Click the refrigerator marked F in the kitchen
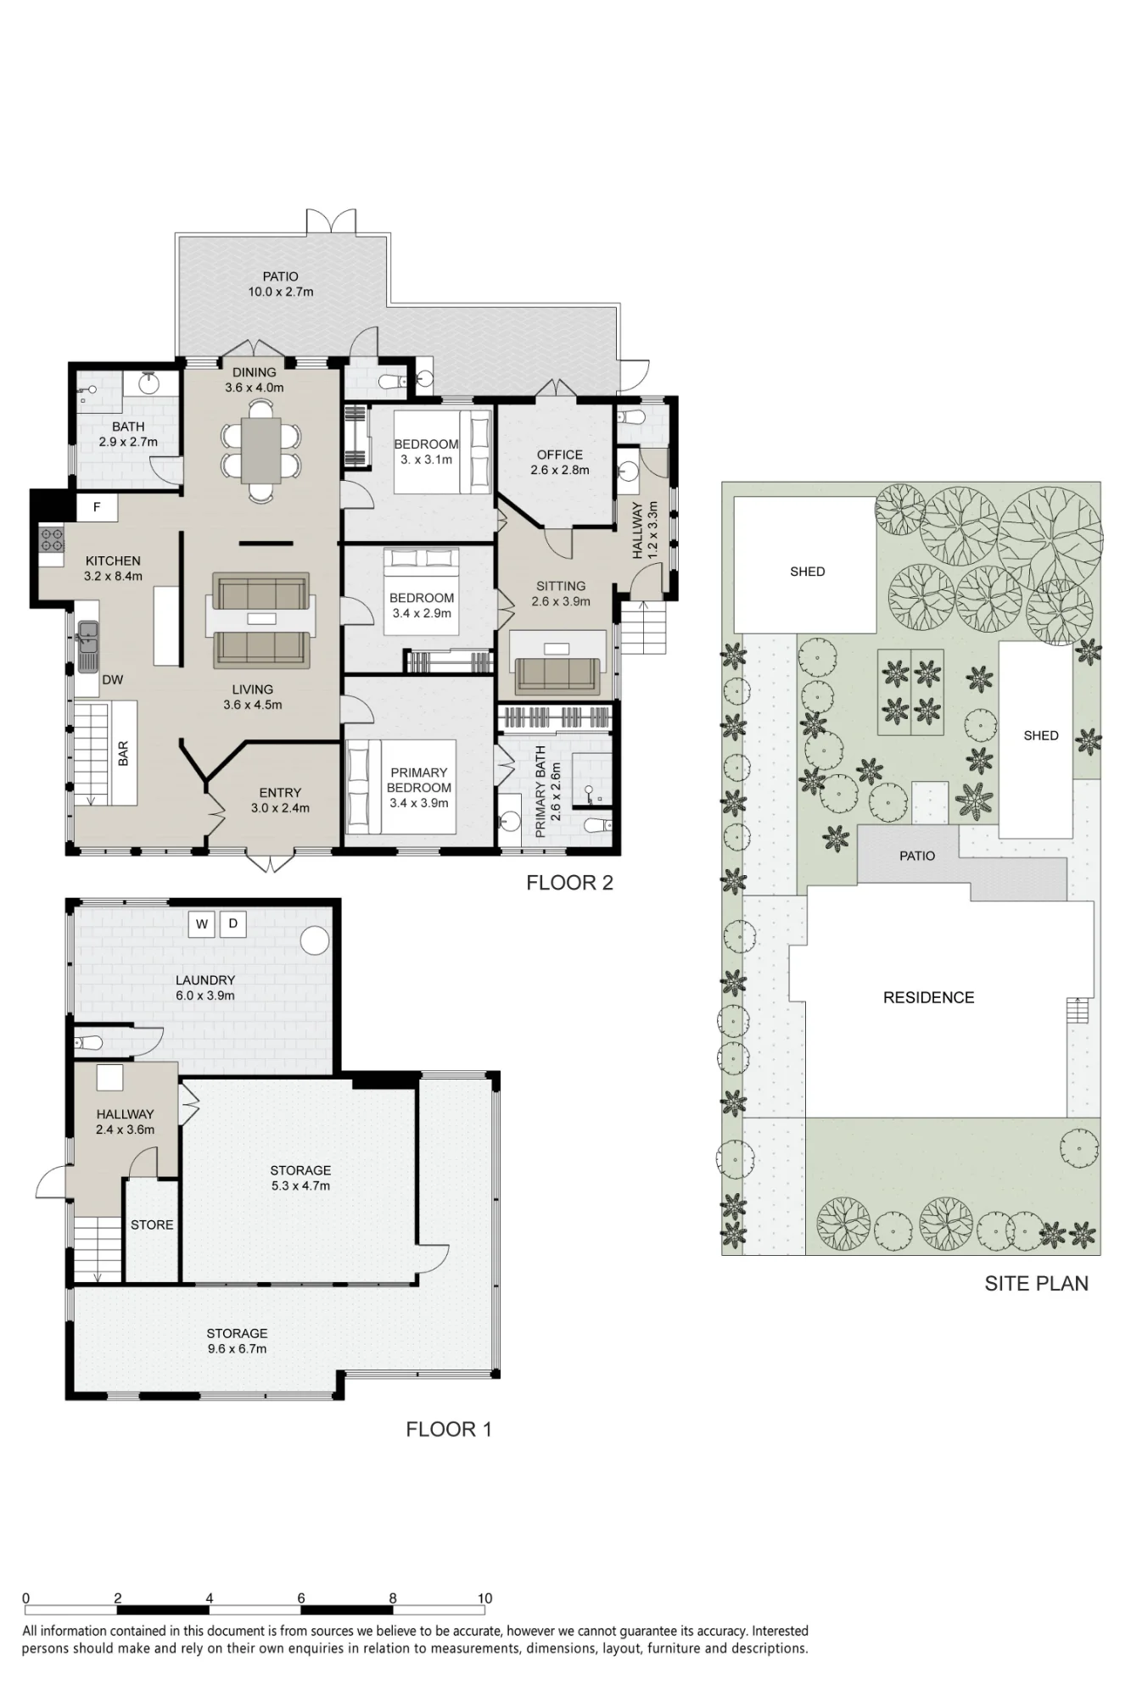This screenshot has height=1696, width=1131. [97, 507]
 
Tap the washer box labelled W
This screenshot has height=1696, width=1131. [202, 923]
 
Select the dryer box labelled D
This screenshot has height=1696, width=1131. [233, 923]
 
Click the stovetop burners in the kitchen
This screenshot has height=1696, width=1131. [52, 538]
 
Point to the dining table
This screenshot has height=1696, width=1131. [261, 450]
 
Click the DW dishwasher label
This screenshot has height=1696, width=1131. [113, 679]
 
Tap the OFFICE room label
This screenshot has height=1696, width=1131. [560, 455]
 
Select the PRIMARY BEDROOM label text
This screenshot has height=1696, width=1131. [419, 780]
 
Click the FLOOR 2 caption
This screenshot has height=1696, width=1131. [569, 883]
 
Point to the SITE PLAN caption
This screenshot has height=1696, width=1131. [1036, 1284]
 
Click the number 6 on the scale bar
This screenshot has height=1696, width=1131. [301, 1598]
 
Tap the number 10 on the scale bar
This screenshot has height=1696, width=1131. [484, 1598]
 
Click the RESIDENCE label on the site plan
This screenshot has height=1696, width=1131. [928, 998]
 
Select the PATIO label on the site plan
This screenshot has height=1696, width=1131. [917, 856]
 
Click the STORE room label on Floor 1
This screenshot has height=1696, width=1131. [152, 1225]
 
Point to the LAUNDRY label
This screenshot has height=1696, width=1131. [205, 980]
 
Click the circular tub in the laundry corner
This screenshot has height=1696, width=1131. [315, 940]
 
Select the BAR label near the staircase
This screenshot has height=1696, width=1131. [123, 753]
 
